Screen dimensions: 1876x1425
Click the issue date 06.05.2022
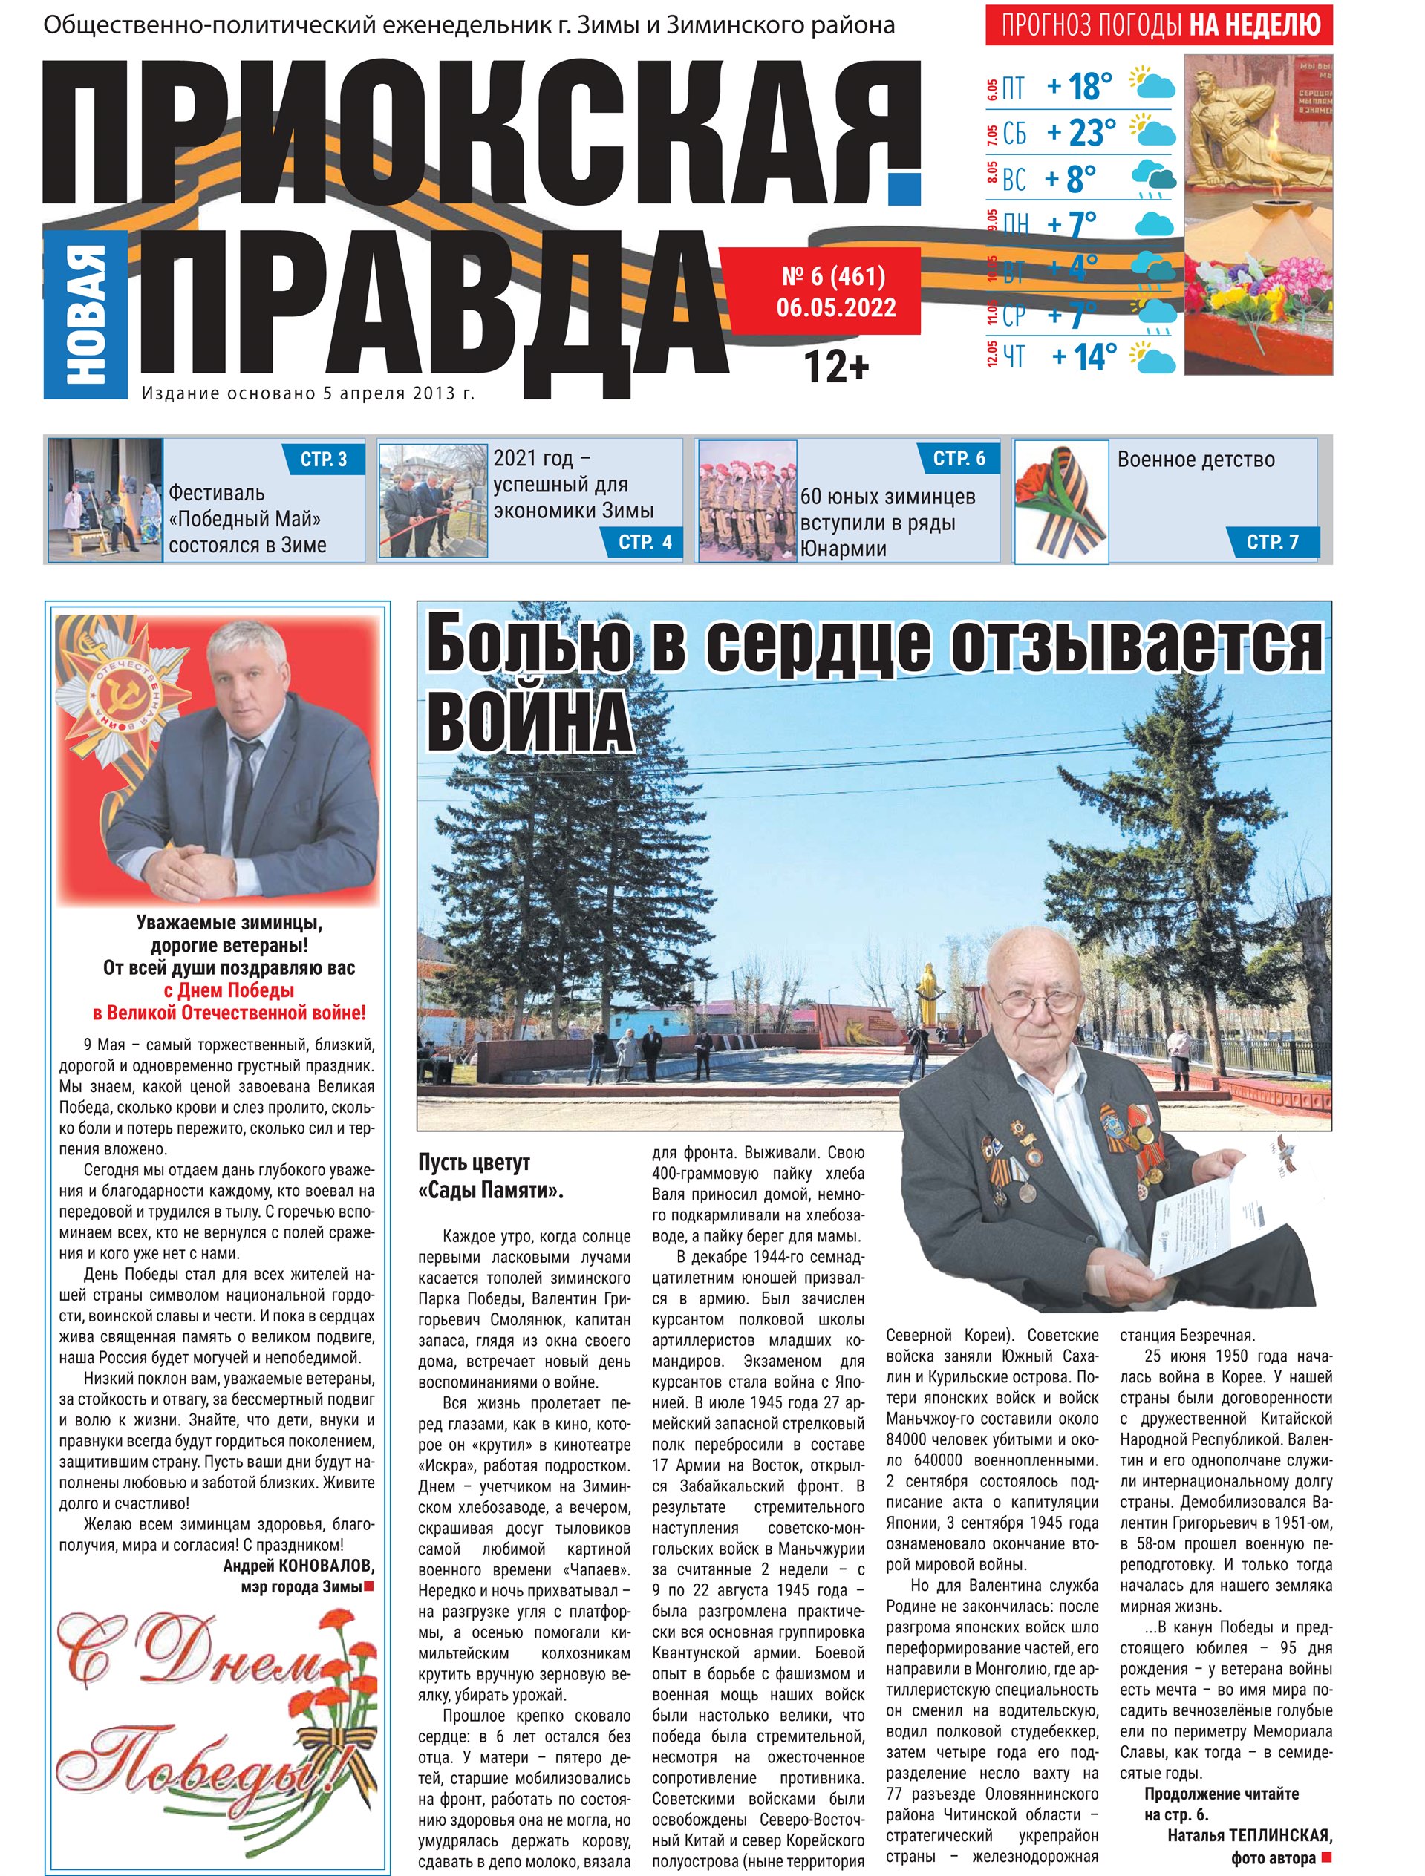(x=835, y=307)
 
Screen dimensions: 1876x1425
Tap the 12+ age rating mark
(x=835, y=367)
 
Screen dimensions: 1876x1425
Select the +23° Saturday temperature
(x=1080, y=132)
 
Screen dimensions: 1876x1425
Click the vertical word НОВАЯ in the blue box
(x=85, y=314)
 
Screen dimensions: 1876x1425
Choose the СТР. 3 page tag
(x=323, y=460)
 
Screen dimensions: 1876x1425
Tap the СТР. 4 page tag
(x=645, y=542)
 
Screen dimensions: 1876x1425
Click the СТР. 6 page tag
(x=959, y=459)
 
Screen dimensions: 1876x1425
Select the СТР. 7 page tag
(x=1271, y=542)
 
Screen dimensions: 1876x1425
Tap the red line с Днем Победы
(x=229, y=990)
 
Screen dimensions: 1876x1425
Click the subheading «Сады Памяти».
(x=490, y=1190)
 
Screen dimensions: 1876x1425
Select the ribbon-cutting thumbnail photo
(x=433, y=500)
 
